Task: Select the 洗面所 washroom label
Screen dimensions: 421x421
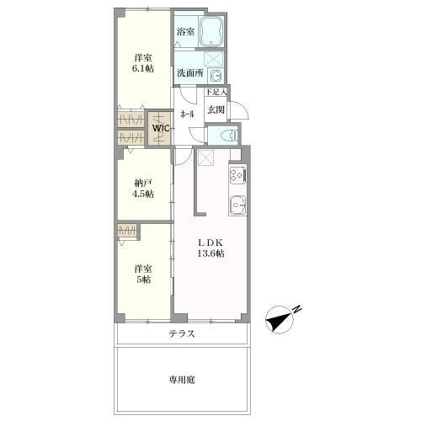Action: (189, 73)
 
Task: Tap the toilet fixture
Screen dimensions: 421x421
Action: (226, 135)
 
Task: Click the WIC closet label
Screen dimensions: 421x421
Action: (162, 129)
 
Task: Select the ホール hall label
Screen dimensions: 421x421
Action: (187, 113)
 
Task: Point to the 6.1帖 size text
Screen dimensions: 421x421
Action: (143, 70)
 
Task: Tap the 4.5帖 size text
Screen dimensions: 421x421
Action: (143, 195)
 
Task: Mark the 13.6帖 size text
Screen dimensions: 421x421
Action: (210, 253)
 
